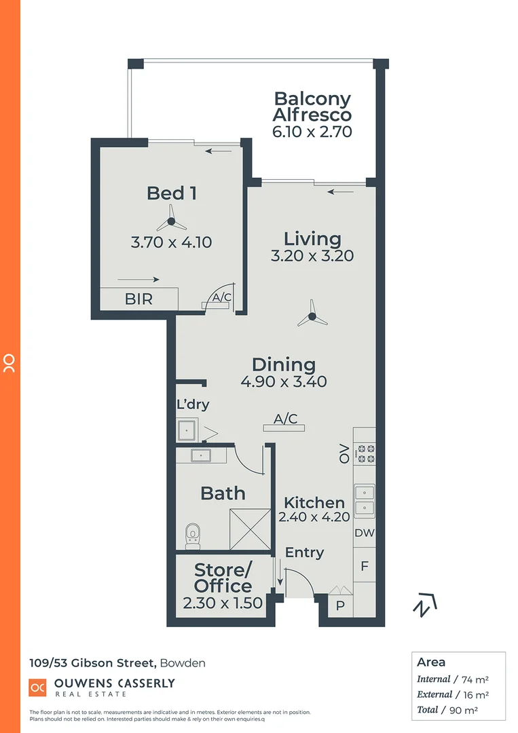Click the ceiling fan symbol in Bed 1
click(171, 221)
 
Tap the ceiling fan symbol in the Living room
click(312, 316)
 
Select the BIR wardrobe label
click(139, 299)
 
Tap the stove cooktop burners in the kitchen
click(365, 453)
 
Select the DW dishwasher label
click(365, 533)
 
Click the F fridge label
click(365, 566)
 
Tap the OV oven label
click(344, 453)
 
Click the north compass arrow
click(425, 605)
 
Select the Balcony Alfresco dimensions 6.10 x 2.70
click(312, 132)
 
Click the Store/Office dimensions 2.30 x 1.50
click(223, 603)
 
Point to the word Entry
click(304, 553)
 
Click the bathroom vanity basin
click(201, 454)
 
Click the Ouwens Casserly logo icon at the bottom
click(37, 687)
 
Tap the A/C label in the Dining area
click(285, 419)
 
